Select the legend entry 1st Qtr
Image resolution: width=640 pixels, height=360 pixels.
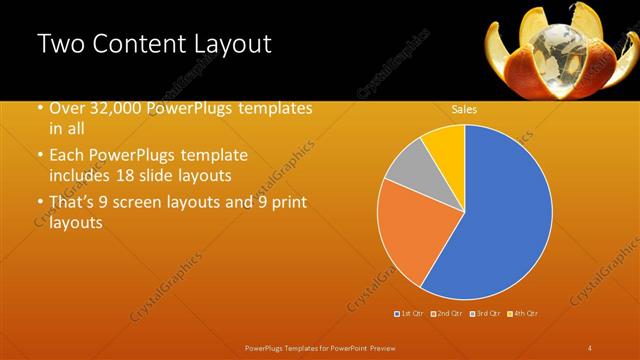tap(410, 314)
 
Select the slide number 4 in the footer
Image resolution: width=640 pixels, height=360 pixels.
tap(589, 347)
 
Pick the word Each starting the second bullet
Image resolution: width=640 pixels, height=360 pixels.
tap(67, 155)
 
